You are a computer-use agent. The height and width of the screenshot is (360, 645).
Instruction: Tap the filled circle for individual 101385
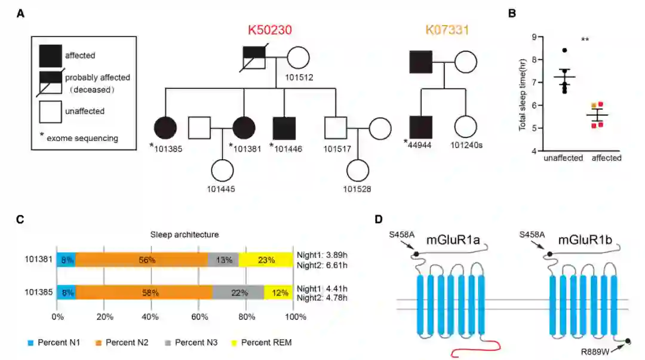click(166, 127)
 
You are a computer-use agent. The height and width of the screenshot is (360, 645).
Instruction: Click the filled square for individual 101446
click(284, 127)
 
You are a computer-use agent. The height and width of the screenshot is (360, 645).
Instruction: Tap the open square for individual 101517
click(336, 127)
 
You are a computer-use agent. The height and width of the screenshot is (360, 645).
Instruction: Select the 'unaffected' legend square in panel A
click(50, 112)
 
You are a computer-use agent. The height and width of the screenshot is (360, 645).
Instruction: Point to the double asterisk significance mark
click(585, 40)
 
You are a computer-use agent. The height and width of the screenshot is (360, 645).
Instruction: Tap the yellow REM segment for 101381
click(266, 260)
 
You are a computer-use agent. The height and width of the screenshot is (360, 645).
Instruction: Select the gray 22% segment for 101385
click(238, 293)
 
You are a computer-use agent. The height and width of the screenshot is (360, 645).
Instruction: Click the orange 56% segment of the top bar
click(142, 260)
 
